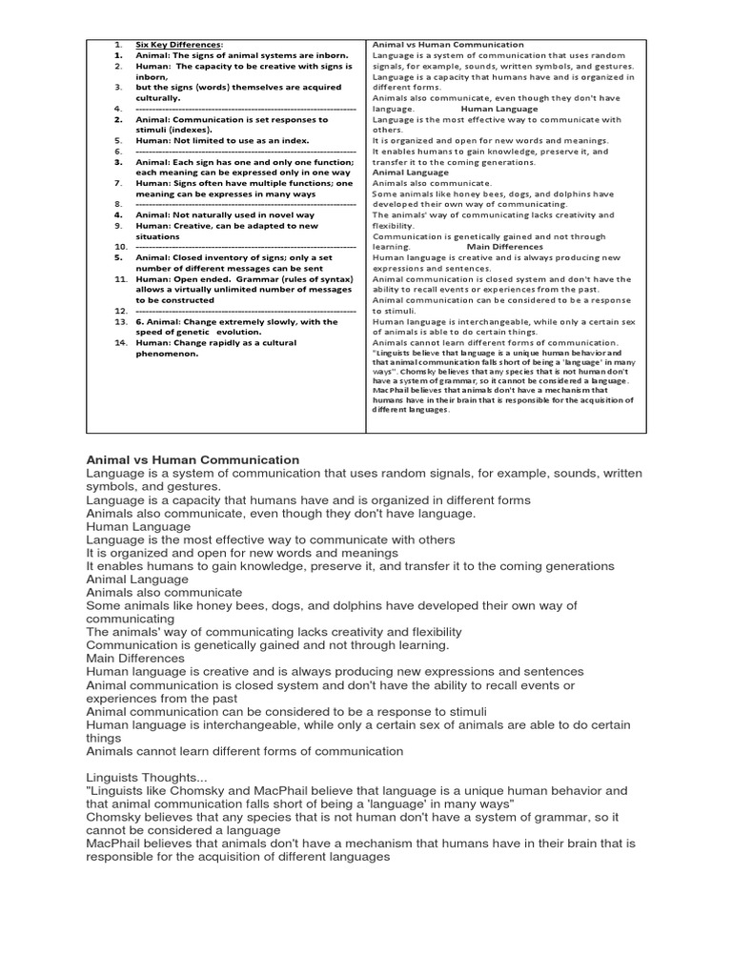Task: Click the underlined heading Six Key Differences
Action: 179,45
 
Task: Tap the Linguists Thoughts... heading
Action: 134,778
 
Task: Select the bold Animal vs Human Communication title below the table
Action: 193,459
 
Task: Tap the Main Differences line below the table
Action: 135,658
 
